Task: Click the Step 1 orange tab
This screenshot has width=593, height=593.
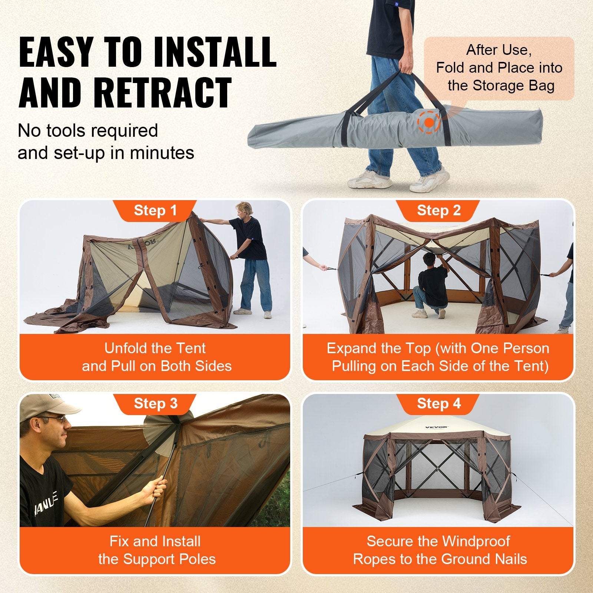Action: point(155,211)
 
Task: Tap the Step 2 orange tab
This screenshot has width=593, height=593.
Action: point(439,211)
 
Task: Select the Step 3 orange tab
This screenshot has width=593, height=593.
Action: point(155,404)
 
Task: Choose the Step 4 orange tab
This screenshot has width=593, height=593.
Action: point(439,404)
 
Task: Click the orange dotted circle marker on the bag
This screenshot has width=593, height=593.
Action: point(429,122)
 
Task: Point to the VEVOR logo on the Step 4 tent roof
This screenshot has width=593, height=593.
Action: point(437,427)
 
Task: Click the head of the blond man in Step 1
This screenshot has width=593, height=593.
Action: point(246,209)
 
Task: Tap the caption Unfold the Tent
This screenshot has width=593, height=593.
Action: point(155,348)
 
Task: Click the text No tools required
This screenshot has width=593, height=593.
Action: point(88,130)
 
